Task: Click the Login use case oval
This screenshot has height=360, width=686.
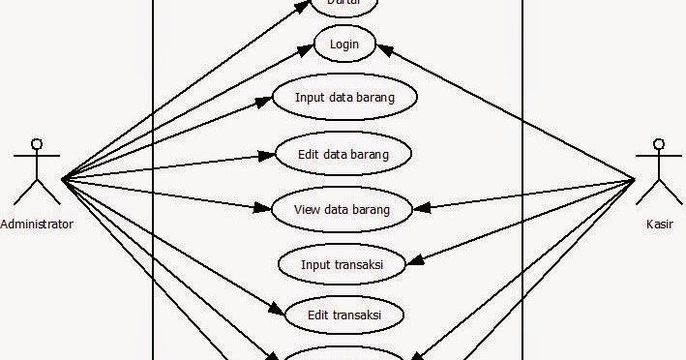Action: pos(344,45)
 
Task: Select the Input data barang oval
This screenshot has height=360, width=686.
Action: pos(344,98)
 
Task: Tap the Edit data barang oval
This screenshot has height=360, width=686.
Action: pos(343,153)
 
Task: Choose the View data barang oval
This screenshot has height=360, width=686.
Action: pos(342,208)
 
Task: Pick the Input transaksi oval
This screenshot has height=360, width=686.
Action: pos(342,262)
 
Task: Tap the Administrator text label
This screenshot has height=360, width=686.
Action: pos(37,224)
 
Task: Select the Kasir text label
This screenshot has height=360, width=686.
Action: pos(660,224)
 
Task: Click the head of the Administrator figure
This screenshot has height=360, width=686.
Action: pos(37,146)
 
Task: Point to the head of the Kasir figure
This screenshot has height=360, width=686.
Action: pos(660,146)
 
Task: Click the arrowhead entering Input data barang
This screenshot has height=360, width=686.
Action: pos(263,101)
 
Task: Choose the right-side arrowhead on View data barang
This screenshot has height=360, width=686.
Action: pos(423,207)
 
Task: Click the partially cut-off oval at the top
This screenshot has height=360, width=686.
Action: pos(343,6)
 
